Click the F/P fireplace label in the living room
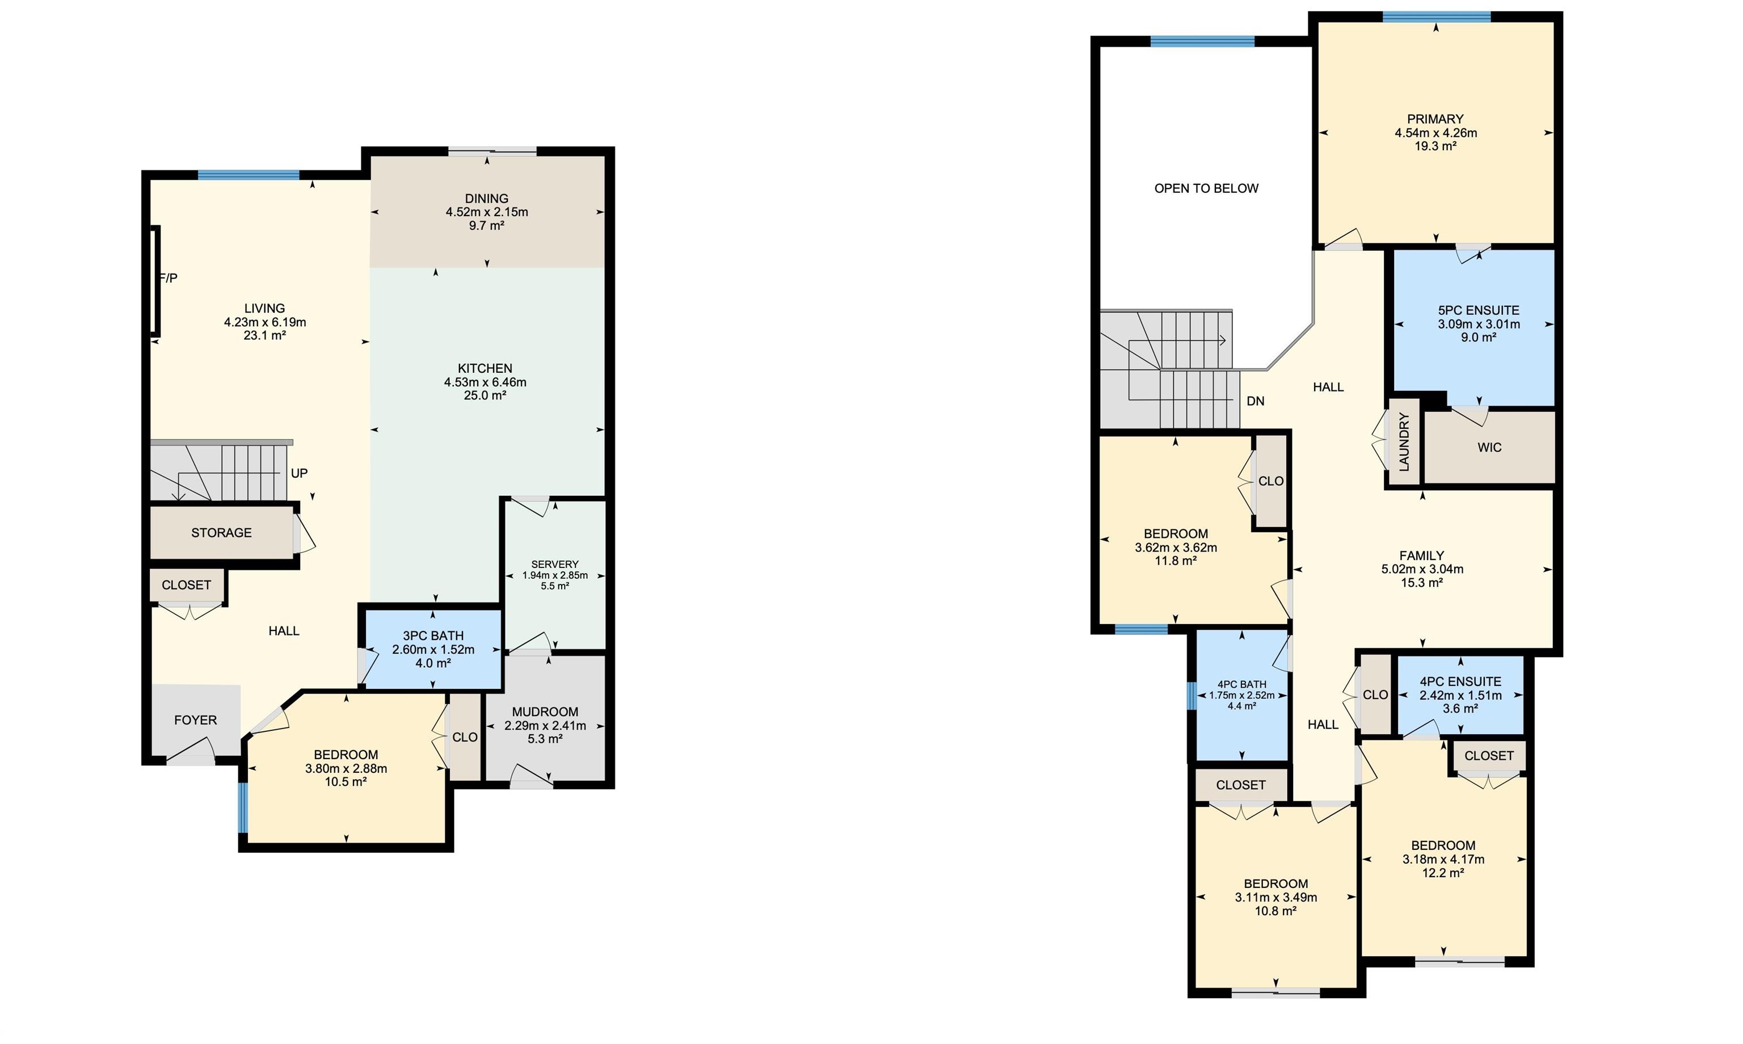[x=169, y=278]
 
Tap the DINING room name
[x=486, y=199]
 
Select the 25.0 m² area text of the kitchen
[x=485, y=395]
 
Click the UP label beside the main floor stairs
[x=299, y=473]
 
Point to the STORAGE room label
[x=222, y=533]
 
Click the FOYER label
[x=196, y=719]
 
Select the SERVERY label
[x=555, y=564]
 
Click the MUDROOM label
[x=545, y=712]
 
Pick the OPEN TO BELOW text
[x=1206, y=188]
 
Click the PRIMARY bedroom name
[x=1435, y=119]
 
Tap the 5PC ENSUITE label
[x=1479, y=310]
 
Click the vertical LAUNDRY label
[x=1404, y=442]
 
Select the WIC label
[x=1489, y=448]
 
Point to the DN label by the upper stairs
[x=1256, y=401]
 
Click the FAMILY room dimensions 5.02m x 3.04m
[x=1421, y=569]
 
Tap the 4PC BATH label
[x=1241, y=684]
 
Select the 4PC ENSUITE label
[x=1460, y=681]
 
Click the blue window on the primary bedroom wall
[x=1436, y=17]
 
